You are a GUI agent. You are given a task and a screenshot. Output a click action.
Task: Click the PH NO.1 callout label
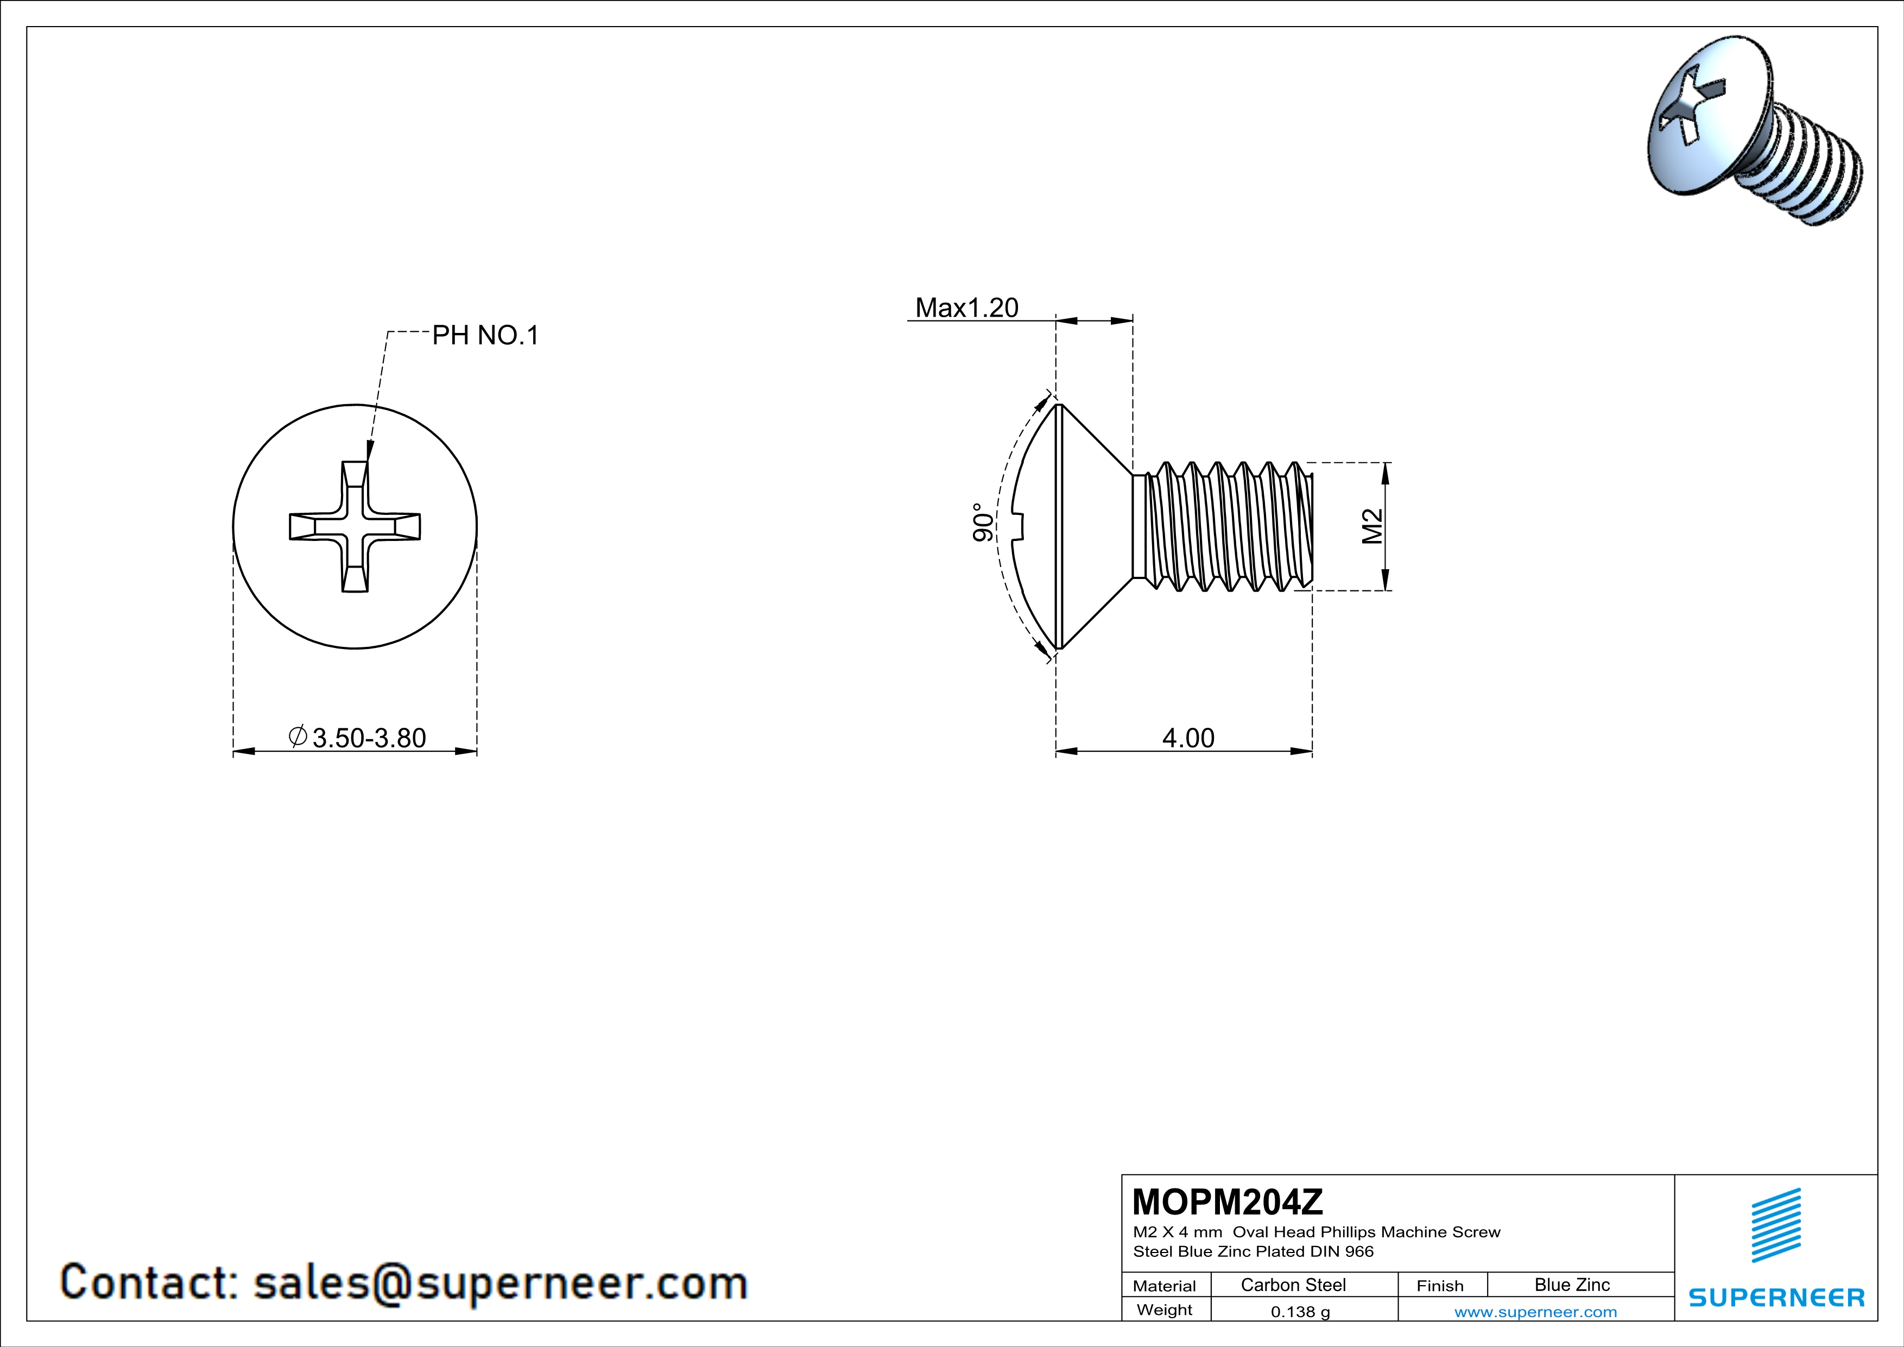coord(485,335)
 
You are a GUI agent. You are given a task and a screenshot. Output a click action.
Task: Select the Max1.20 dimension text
coord(966,308)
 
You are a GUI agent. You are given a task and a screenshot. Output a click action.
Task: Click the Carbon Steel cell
coord(1293,1285)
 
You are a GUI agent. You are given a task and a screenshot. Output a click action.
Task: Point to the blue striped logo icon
coord(1775,1225)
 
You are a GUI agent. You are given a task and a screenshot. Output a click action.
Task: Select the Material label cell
coord(1165,1286)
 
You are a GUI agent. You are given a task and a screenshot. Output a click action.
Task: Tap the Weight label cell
coord(1165,1310)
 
